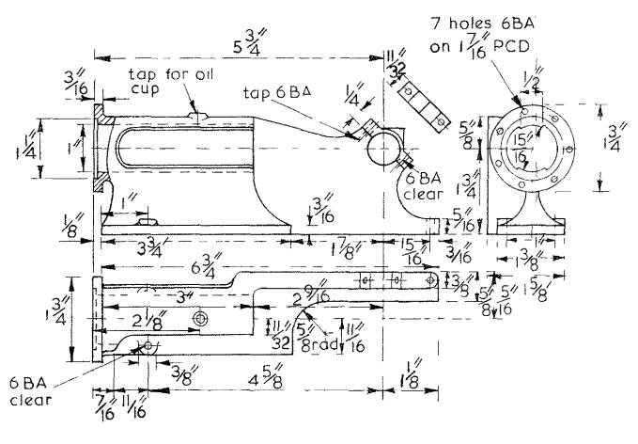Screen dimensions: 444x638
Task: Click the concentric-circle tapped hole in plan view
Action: coord(198,321)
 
